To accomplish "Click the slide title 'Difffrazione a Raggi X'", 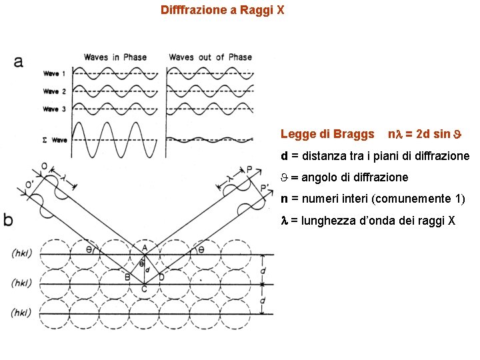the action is pyautogui.click(x=223, y=11).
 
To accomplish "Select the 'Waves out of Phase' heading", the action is pyautogui.click(x=210, y=57).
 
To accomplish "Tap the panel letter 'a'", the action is pyautogui.click(x=18, y=61).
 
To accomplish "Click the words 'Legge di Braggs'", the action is pyautogui.click(x=327, y=134).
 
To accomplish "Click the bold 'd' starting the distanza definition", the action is pyautogui.click(x=285, y=157).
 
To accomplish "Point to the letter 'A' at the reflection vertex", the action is pyautogui.click(x=144, y=247).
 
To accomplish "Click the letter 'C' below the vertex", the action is pyautogui.click(x=144, y=289).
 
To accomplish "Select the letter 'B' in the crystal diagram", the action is pyautogui.click(x=127, y=276).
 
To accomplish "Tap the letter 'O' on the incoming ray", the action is pyautogui.click(x=44, y=166).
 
